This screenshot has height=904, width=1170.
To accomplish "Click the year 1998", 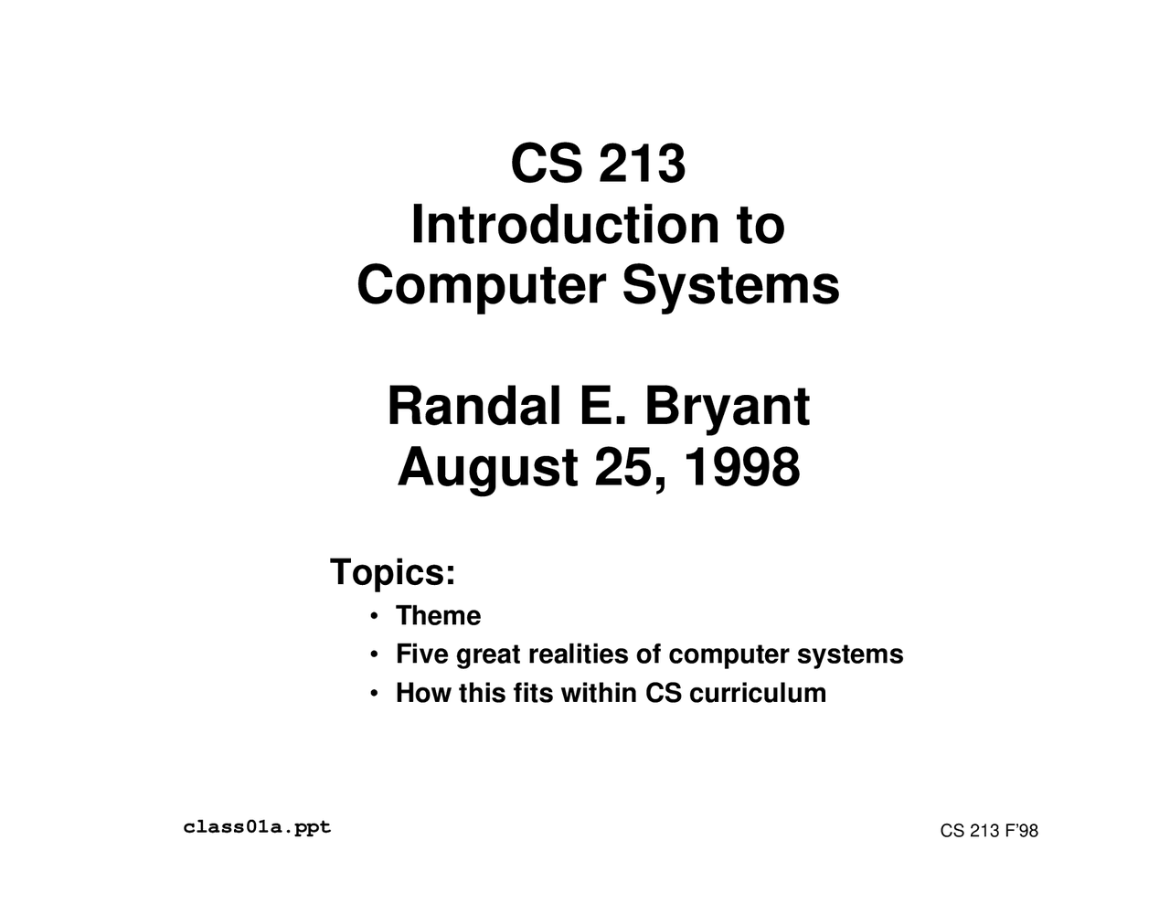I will [x=741, y=467].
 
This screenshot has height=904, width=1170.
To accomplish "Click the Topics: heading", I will [x=392, y=573].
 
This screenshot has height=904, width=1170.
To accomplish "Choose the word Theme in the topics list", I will [x=438, y=616].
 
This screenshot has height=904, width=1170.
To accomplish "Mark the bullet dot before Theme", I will [x=375, y=617].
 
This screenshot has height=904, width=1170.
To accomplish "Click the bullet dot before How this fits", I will [x=375, y=694].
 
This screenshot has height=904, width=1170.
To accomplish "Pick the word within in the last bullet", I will [x=600, y=693].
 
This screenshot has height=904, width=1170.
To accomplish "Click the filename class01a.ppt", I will [x=257, y=828].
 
